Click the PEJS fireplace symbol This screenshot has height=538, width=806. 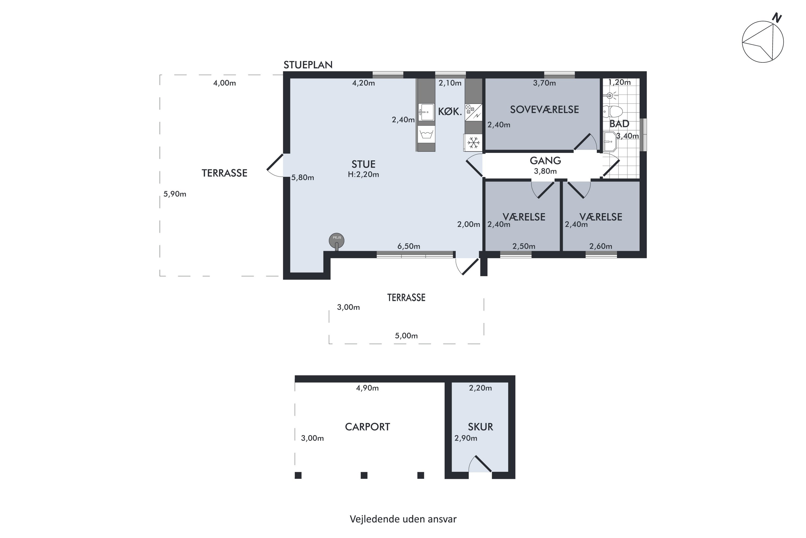[337, 241]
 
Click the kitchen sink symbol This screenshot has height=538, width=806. [426, 112]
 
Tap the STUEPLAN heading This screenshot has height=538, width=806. [308, 65]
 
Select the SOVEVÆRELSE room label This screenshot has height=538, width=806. [544, 109]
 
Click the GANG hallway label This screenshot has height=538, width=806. [545, 161]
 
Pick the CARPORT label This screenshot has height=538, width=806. [367, 427]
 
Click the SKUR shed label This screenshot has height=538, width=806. [480, 427]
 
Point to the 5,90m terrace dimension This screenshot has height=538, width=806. [175, 194]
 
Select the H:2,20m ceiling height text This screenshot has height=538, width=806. [363, 175]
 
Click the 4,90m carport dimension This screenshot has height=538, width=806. [367, 388]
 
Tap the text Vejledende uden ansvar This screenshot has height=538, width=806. [403, 519]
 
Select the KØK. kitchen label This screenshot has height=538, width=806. [450, 112]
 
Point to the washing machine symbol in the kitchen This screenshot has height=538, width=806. [426, 134]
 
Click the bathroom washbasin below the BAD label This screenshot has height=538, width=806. [610, 141]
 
